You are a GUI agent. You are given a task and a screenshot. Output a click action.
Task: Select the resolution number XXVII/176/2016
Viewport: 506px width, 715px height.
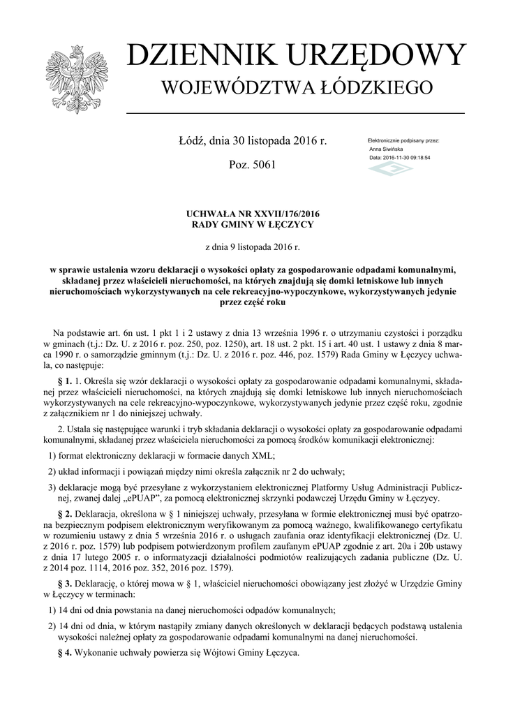[x=278, y=214]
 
